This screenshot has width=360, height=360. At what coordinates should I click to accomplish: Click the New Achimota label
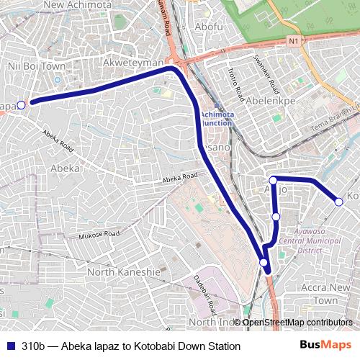pos(78,5)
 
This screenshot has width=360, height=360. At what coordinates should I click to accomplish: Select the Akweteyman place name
pos(134,63)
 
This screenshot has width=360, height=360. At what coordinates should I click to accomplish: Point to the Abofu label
pos(209,27)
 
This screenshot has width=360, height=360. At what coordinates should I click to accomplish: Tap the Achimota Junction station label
pos(216,118)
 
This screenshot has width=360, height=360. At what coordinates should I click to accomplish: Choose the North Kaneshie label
pos(123,272)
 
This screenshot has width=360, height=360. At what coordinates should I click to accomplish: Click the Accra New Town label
pos(325,293)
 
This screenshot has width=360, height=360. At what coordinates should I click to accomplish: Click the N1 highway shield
pos(292,42)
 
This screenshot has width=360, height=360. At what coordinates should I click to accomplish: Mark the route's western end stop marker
pos(21,105)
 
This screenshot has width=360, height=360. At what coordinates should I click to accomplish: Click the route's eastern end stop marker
pos(339,202)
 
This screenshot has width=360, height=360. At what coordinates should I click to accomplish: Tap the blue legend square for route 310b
pos(9,346)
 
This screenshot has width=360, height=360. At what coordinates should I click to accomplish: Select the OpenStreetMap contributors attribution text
pos(297,322)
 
